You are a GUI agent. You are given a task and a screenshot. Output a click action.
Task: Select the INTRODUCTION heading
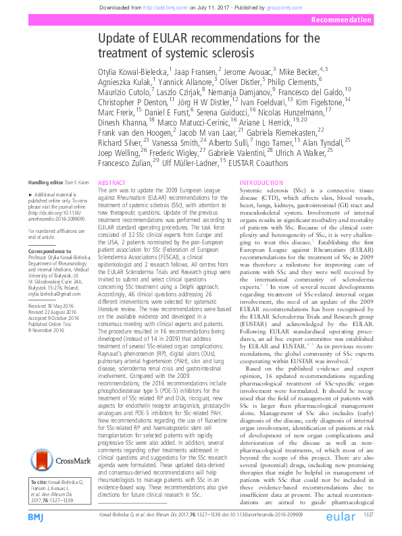(x=259, y=183)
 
